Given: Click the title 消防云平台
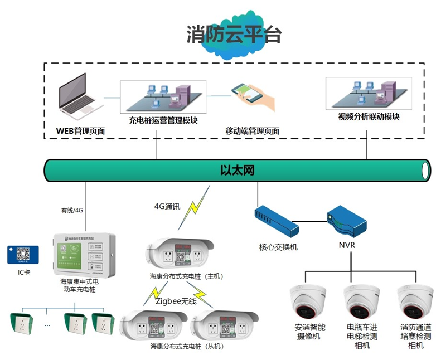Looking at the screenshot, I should click(x=234, y=35).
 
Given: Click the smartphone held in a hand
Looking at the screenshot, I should click(x=249, y=93).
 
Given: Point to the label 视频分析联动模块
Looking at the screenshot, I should click(x=369, y=117).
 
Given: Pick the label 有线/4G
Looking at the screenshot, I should click(x=72, y=210).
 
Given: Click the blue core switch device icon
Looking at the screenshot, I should click(x=277, y=221).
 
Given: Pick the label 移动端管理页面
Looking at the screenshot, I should click(x=252, y=132).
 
